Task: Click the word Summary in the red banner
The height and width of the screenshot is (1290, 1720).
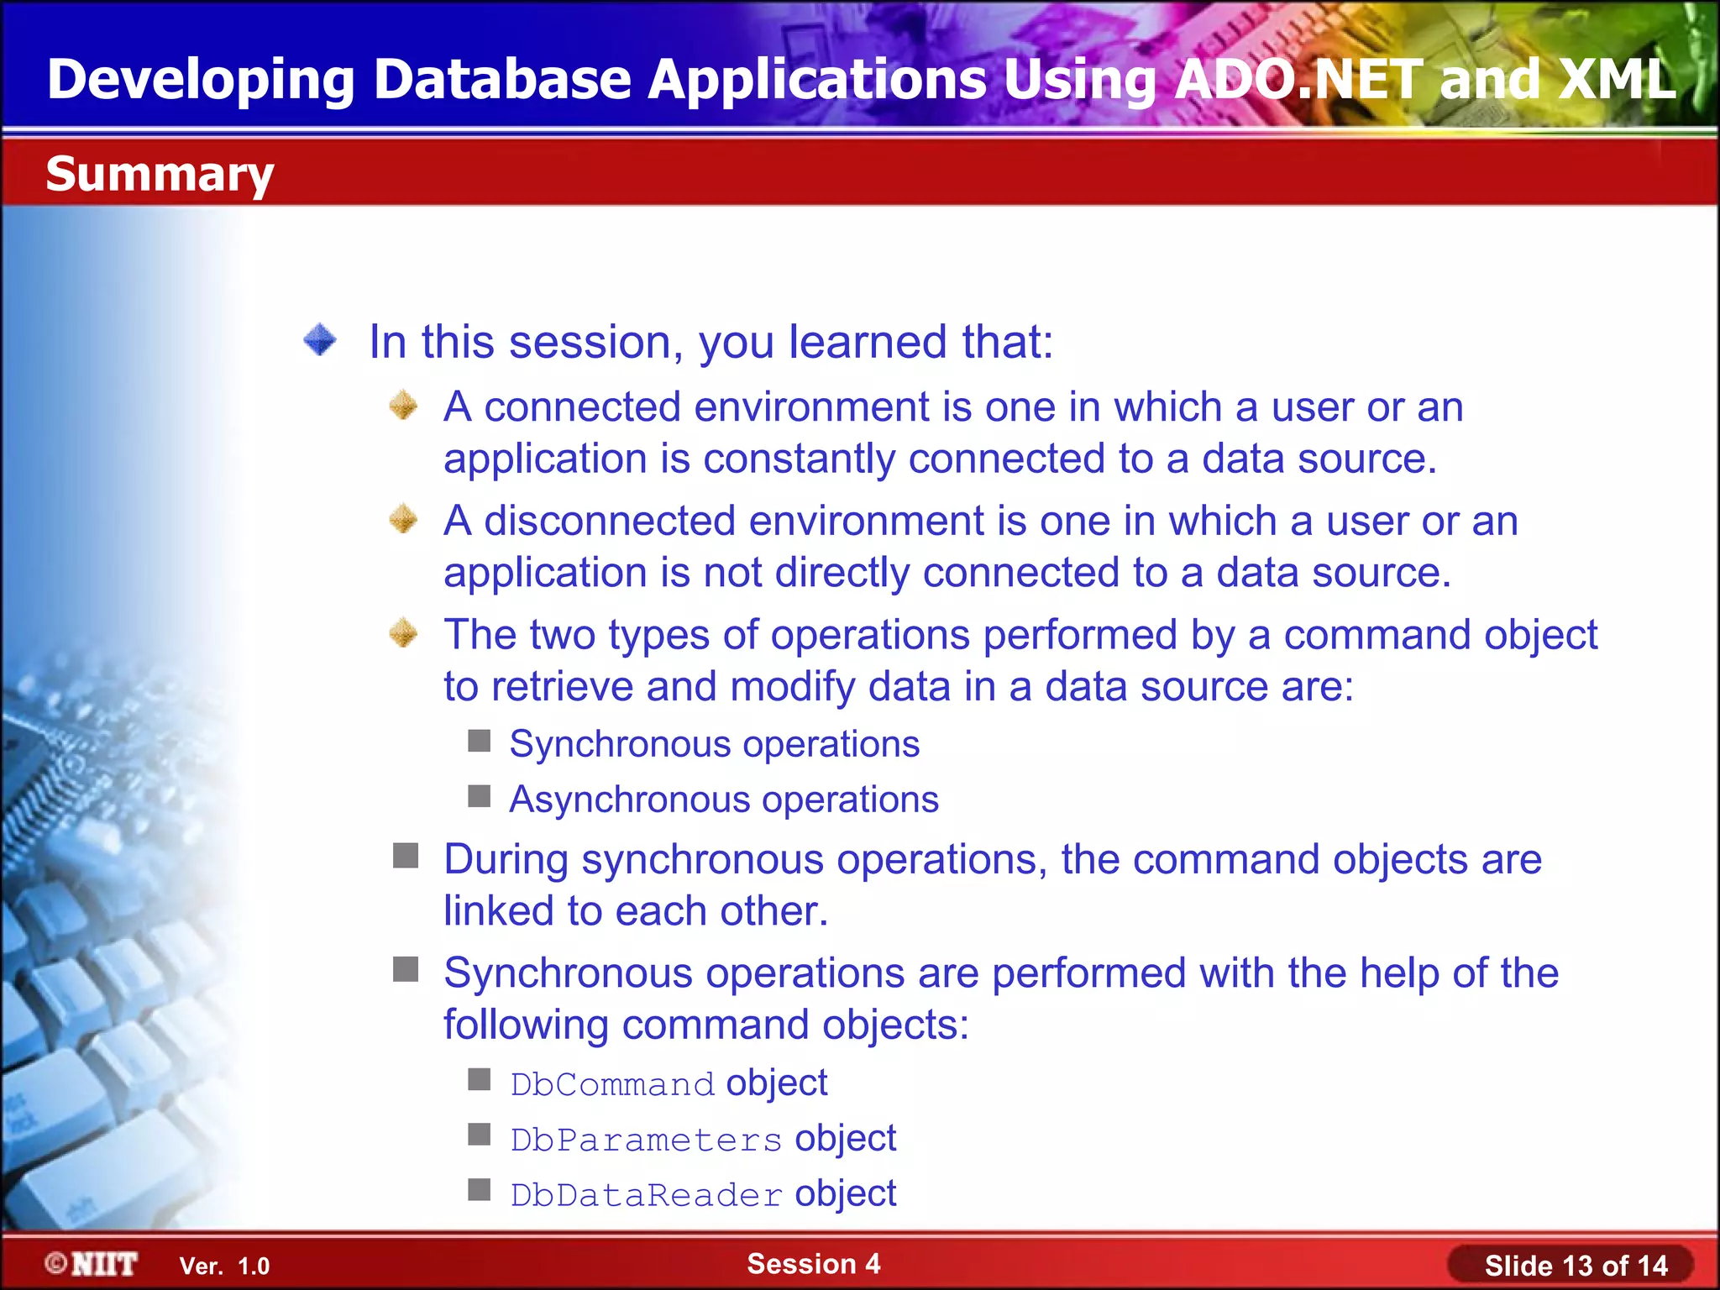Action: [x=160, y=175]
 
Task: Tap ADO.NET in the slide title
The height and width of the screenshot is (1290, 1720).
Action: [x=1298, y=80]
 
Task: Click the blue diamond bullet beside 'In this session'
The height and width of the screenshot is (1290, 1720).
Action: [x=320, y=340]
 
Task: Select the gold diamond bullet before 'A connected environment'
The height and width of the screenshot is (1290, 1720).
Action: [x=404, y=406]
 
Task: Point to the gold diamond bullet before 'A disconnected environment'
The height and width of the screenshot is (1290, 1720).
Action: [x=404, y=519]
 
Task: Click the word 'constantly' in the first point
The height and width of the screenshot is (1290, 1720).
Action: [x=799, y=459]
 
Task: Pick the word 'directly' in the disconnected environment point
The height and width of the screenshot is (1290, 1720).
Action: [x=842, y=573]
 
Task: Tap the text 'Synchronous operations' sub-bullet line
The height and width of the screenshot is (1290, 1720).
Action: [x=714, y=744]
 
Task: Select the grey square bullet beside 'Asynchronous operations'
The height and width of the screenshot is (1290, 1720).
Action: [x=480, y=796]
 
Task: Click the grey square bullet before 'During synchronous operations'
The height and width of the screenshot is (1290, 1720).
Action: [x=406, y=856]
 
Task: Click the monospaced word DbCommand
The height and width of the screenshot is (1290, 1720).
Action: [x=612, y=1084]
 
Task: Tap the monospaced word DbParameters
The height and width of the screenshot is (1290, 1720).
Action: [x=646, y=1140]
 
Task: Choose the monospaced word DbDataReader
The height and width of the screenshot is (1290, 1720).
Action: [x=646, y=1195]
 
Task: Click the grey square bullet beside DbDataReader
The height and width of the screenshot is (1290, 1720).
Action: [x=480, y=1190]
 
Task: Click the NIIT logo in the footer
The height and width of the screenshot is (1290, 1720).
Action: [x=92, y=1264]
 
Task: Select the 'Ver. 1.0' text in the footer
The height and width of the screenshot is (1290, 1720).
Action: [x=224, y=1266]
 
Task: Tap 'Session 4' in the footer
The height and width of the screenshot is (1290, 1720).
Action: [x=813, y=1263]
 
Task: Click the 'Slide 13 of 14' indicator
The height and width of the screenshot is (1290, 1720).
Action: [x=1576, y=1266]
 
